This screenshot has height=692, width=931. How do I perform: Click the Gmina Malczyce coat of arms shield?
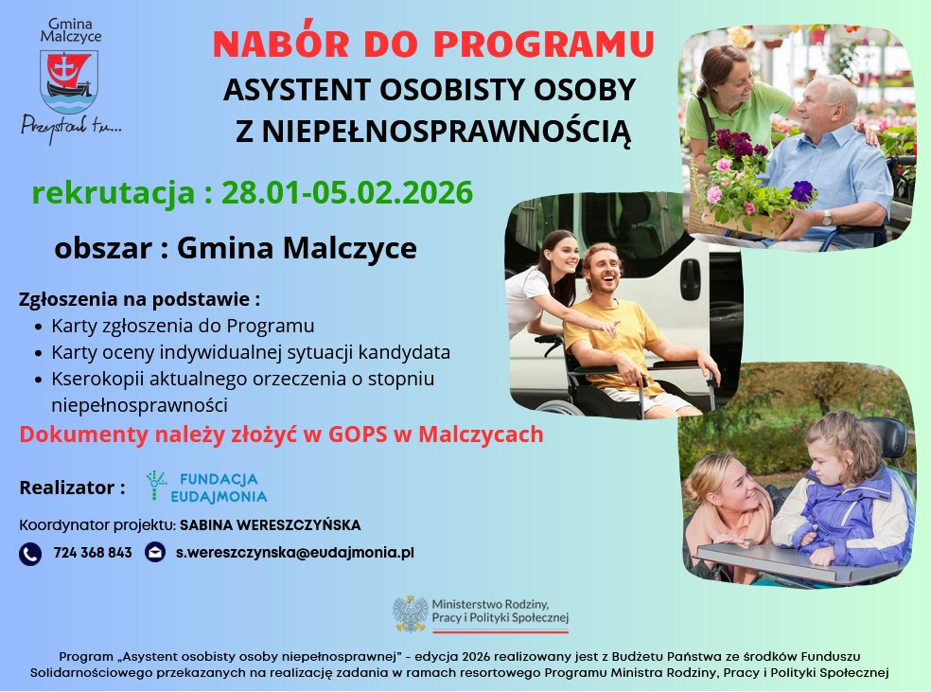pyautogui.click(x=69, y=82)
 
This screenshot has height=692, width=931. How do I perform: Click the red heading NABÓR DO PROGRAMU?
pyautogui.click(x=433, y=44)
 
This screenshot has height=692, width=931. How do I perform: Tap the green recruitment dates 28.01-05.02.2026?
pyautogui.click(x=347, y=192)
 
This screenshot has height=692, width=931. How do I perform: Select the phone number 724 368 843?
pyautogui.click(x=93, y=553)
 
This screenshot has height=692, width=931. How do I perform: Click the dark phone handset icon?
pyautogui.click(x=30, y=554)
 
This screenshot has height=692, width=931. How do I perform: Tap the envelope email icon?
pyautogui.click(x=155, y=553)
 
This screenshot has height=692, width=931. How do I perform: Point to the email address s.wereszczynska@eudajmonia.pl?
pyautogui.click(x=295, y=553)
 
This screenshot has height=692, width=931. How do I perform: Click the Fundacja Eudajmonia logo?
pyautogui.click(x=207, y=488)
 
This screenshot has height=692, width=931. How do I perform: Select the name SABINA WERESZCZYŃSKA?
pyautogui.click(x=271, y=525)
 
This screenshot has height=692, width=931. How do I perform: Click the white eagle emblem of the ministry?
pyautogui.click(x=411, y=613)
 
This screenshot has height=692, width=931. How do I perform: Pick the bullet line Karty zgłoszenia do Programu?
pyautogui.click(x=183, y=326)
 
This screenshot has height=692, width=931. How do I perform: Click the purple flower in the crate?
pyautogui.click(x=802, y=191)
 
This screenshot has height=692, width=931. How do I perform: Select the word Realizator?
pyautogui.click(x=67, y=488)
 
